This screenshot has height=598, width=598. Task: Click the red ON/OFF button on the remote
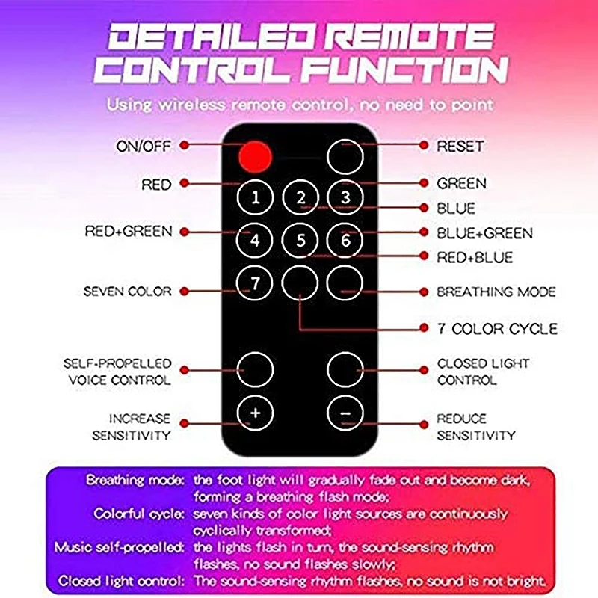(x=256, y=155)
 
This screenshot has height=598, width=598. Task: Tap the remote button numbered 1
(x=256, y=198)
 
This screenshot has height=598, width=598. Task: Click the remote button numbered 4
(x=256, y=241)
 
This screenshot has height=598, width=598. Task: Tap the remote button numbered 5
(x=300, y=241)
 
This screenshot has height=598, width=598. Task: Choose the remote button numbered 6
(x=345, y=241)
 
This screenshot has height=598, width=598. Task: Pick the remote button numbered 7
(x=256, y=283)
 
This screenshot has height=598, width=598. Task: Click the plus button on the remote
(x=256, y=412)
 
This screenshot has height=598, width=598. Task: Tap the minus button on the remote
(x=345, y=412)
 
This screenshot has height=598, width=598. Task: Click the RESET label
(x=460, y=146)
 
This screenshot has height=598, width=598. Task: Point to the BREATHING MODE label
(x=496, y=292)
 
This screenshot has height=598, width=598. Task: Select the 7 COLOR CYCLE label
(x=496, y=329)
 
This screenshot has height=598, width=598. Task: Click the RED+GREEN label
(x=128, y=232)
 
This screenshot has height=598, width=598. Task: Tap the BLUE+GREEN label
(x=484, y=233)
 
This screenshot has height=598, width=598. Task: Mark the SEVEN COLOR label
(x=127, y=291)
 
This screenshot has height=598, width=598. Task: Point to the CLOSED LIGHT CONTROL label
(x=483, y=372)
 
